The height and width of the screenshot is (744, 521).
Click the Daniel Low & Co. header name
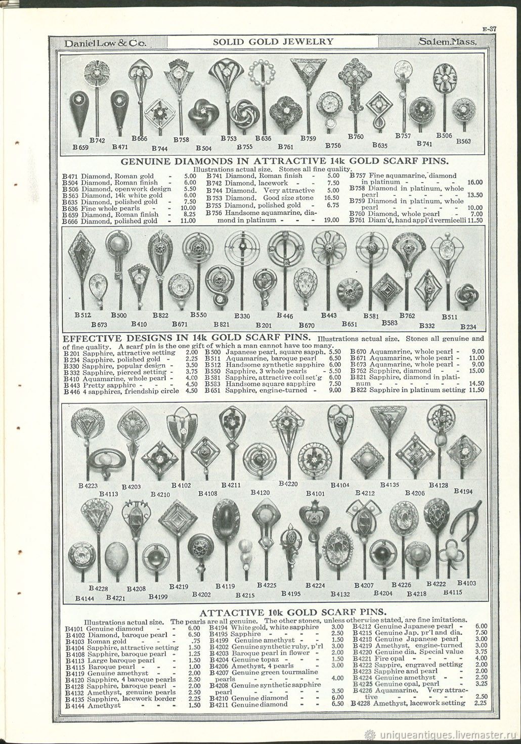(102, 43)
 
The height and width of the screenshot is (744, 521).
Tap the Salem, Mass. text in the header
(448, 42)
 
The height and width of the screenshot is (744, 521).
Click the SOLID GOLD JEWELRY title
(273, 42)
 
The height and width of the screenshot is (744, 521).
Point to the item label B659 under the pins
(81, 148)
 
